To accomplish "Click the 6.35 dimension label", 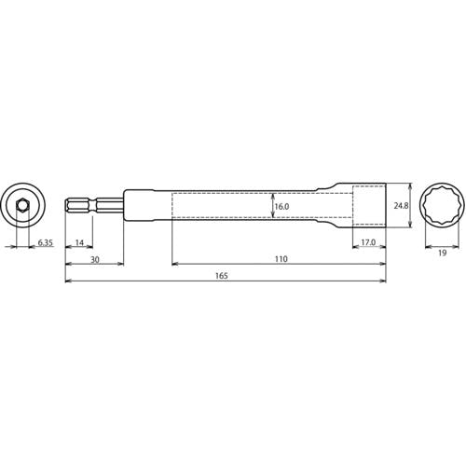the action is [46, 242].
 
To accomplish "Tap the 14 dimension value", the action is [79, 242].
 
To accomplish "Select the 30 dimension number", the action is [95, 259].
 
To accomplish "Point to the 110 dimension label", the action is [281, 259].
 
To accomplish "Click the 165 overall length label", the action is [222, 276].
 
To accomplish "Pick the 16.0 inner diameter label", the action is [281, 207].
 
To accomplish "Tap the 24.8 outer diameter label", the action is [401, 206].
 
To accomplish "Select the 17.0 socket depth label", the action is [368, 242].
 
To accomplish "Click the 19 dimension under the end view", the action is [442, 253].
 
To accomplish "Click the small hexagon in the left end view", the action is [22, 205].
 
